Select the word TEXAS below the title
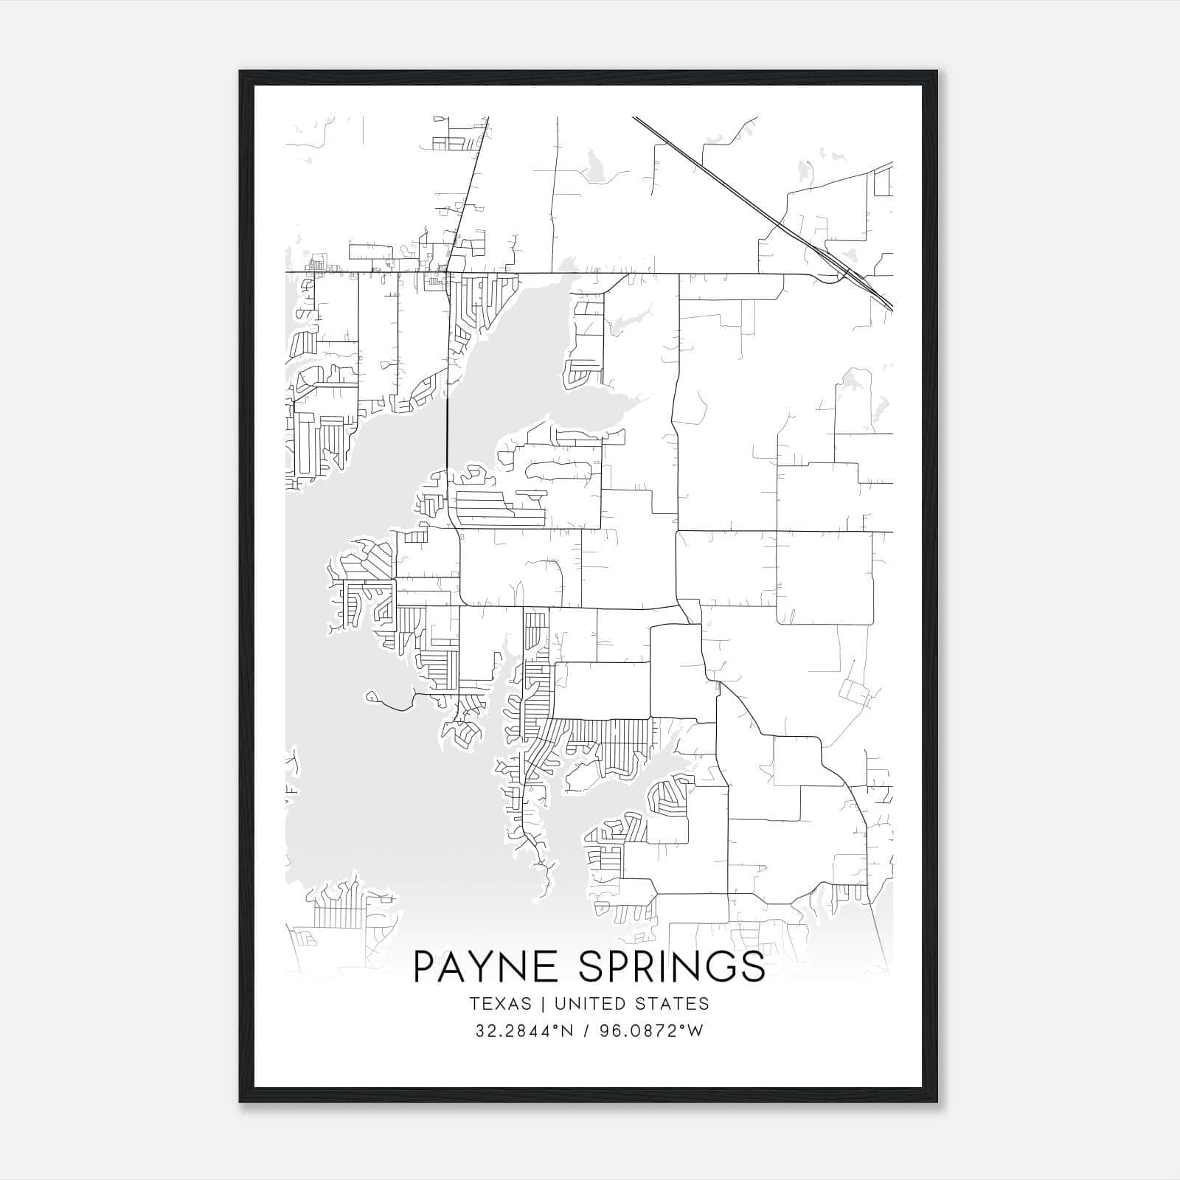click(500, 1004)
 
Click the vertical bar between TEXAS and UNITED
click(543, 1004)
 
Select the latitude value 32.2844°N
click(524, 1031)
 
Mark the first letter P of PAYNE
click(426, 967)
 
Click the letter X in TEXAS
click(501, 1004)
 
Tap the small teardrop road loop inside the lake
click(373, 696)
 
